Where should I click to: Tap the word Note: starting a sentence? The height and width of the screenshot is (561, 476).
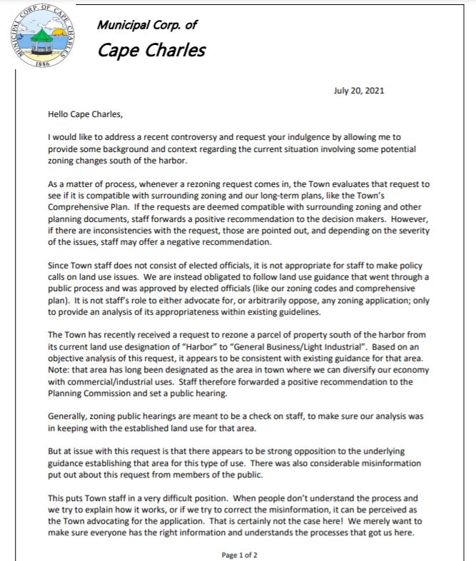point(60,368)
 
